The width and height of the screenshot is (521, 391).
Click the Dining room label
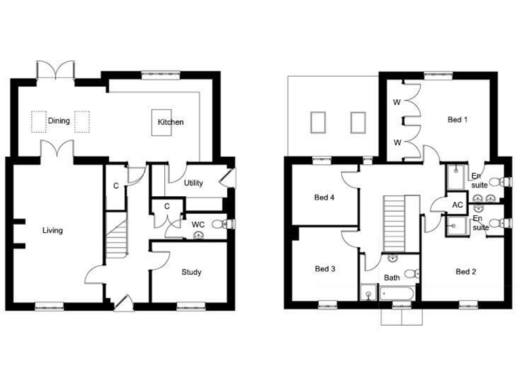click(x=59, y=121)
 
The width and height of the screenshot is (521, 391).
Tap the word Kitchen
click(x=170, y=122)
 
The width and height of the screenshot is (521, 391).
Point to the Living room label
click(x=52, y=231)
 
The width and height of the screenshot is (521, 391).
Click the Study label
click(x=191, y=273)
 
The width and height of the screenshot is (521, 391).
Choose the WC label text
click(x=198, y=225)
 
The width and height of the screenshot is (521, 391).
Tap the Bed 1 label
click(x=458, y=120)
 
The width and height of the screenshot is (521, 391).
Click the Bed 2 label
click(x=466, y=272)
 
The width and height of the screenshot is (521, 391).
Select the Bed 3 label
click(x=325, y=269)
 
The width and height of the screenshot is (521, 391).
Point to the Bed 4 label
click(x=325, y=198)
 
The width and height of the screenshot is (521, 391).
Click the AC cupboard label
click(x=457, y=205)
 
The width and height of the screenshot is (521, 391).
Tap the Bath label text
click(x=392, y=278)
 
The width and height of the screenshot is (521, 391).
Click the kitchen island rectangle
click(x=161, y=123)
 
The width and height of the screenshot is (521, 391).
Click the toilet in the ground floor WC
click(x=218, y=225)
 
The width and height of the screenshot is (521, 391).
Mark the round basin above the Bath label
click(x=392, y=259)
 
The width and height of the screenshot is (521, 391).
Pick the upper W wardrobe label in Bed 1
click(x=397, y=103)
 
